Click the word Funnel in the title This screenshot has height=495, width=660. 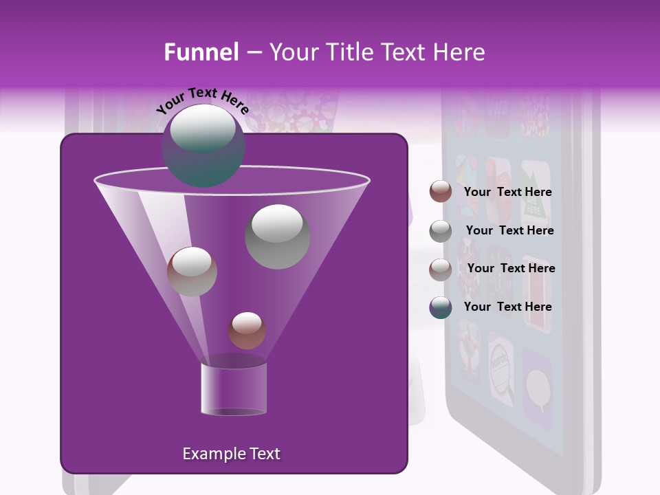click(201, 52)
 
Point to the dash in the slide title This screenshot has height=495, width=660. click(253, 53)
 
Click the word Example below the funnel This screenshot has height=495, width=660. click(208, 454)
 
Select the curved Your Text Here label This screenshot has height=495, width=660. click(202, 101)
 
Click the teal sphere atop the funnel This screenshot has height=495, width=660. click(203, 146)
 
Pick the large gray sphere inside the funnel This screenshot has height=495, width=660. click(277, 236)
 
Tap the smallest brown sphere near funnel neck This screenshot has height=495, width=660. click(247, 331)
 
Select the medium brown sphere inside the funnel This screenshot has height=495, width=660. click(192, 272)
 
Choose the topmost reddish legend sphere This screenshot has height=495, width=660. click(441, 192)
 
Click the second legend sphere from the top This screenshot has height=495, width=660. click(441, 231)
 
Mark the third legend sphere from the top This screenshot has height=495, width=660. click(441, 269)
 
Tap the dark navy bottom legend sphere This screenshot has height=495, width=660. click(441, 307)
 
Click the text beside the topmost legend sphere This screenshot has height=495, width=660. click(507, 192)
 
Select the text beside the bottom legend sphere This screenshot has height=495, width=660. click(507, 307)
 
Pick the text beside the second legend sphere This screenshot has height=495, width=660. click(509, 230)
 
